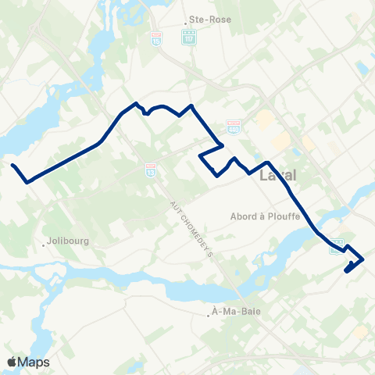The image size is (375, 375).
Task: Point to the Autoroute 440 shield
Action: click(x=233, y=124)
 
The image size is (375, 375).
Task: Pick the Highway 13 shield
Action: click(x=150, y=169)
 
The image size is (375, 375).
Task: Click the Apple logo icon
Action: click(x=12, y=362)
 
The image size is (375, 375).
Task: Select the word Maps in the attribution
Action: click(x=34, y=362)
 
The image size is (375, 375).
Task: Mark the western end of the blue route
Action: click(x=12, y=165)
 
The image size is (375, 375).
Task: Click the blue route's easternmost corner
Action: click(x=363, y=259)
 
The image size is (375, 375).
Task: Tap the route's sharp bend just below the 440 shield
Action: click(x=224, y=145)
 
